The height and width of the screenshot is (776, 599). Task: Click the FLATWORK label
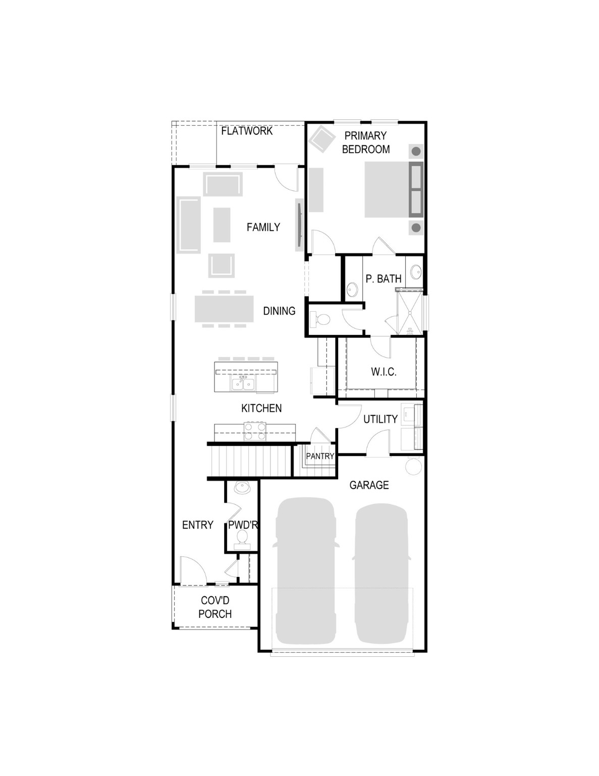click(x=247, y=131)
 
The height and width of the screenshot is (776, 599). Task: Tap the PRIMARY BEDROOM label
click(x=366, y=142)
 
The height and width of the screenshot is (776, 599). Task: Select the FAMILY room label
click(x=263, y=227)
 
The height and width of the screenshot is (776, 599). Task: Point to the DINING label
click(x=279, y=311)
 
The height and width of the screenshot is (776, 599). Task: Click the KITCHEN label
click(x=261, y=408)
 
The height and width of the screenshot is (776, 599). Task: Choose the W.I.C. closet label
click(x=384, y=372)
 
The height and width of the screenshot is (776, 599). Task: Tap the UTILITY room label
click(x=380, y=419)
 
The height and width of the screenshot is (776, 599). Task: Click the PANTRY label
click(x=320, y=456)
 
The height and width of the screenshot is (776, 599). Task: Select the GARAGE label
click(x=369, y=485)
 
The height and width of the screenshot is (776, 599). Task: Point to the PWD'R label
click(x=243, y=525)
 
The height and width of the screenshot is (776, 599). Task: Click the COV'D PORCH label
click(x=215, y=607)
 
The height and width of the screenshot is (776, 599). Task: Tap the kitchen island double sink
click(x=243, y=383)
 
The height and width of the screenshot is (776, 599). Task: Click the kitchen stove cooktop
click(x=255, y=431)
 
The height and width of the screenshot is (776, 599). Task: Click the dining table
click(x=225, y=309)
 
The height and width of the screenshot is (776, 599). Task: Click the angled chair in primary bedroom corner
click(x=321, y=139)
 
